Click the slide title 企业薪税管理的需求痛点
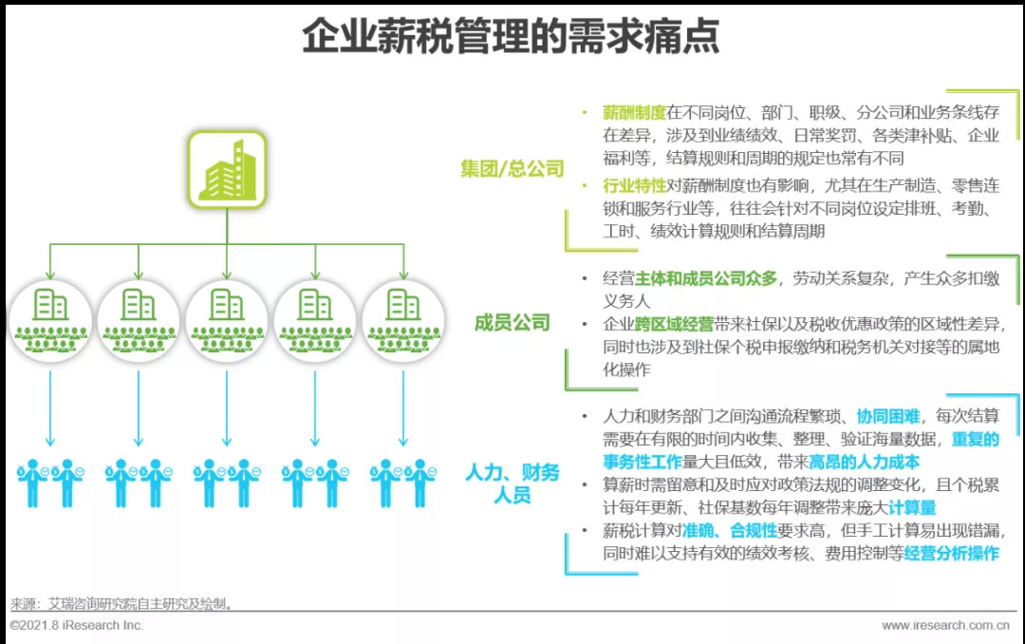pyautogui.click(x=511, y=38)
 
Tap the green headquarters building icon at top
pyautogui.click(x=226, y=170)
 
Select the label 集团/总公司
pyautogui.click(x=512, y=169)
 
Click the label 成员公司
pyautogui.click(x=512, y=323)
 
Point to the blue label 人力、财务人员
pyautogui.click(x=512, y=483)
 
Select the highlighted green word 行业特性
pyautogui.click(x=634, y=185)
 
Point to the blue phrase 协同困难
pyautogui.click(x=887, y=417)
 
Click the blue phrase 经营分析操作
pyautogui.click(x=951, y=554)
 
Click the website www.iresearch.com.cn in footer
pyautogui.click(x=944, y=625)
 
